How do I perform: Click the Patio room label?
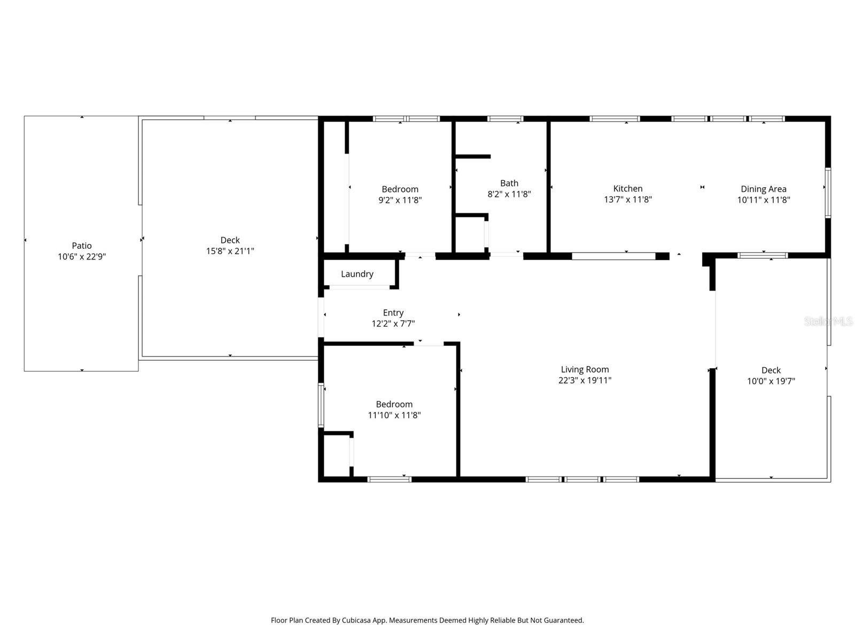[82, 246]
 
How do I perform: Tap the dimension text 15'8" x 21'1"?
[230, 251]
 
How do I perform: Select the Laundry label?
[357, 274]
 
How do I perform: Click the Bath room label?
[509, 183]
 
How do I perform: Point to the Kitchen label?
[627, 188]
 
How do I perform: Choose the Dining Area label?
[763, 189]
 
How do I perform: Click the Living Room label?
[585, 369]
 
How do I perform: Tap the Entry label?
[393, 312]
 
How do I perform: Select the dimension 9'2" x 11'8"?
[400, 200]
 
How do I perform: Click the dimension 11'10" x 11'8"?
[394, 415]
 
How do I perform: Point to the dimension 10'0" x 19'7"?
[771, 381]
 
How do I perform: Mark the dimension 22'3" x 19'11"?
[585, 380]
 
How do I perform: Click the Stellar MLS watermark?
[828, 321]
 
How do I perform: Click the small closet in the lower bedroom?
[336, 455]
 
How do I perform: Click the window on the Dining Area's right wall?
[828, 193]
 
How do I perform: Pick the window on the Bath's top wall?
[505, 119]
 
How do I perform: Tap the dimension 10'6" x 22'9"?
[82, 257]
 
